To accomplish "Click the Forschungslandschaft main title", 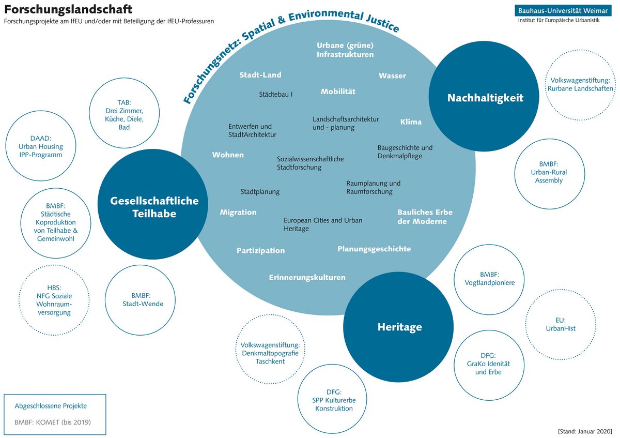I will tap(68, 9).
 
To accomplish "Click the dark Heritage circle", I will tap(399, 327).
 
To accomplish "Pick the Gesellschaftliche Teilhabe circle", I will tap(154, 207).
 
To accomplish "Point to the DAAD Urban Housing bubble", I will tap(40, 146).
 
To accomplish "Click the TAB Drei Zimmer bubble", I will tap(124, 115).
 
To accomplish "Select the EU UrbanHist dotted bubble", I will tap(561, 324).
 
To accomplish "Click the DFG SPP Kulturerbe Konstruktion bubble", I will tap(334, 400).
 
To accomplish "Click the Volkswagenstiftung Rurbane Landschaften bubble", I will tap(581, 84).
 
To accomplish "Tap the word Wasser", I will tap(392, 75).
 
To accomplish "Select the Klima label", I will tap(411, 122).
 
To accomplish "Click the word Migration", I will tap(238, 212).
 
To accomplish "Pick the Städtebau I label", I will tap(276, 94).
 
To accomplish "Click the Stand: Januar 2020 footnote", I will tap(585, 431).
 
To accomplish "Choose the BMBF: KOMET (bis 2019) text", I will tap(53, 422).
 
